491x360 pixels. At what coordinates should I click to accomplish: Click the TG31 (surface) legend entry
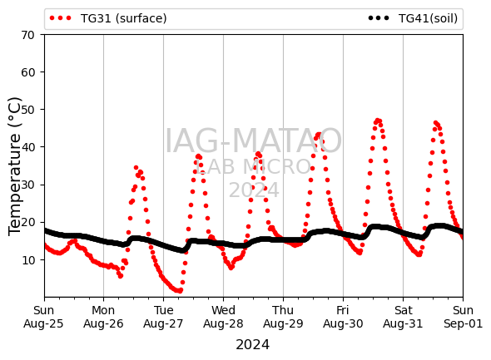coord(108,18)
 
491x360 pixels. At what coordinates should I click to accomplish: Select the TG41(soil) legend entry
coord(413,18)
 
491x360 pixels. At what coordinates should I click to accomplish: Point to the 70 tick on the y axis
coord(27,35)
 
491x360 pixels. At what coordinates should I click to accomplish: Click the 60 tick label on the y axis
coord(27,72)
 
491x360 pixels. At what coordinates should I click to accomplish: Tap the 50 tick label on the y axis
coord(27,110)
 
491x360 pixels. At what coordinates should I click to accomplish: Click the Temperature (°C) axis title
coord(15,166)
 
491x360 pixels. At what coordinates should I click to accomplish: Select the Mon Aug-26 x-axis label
coord(103,317)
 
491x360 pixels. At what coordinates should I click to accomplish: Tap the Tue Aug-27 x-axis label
coord(163,317)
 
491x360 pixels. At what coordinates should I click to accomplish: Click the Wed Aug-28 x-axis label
coord(223,317)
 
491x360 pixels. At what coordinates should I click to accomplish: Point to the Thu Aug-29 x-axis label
coord(283,317)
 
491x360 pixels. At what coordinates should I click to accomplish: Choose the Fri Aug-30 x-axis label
coord(343,317)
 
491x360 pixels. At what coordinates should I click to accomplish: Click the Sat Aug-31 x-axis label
coord(403,317)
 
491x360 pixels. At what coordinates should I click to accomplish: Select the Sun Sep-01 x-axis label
coord(464,317)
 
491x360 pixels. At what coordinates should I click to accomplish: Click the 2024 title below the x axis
coord(252,345)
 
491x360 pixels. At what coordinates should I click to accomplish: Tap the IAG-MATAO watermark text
coord(253,141)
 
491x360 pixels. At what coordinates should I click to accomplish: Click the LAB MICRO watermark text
coord(253,167)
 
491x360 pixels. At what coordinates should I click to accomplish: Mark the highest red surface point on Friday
coord(377,121)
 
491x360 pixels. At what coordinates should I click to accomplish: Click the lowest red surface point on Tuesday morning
coord(180,291)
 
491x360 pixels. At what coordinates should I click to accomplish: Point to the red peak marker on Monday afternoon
coord(136,168)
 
